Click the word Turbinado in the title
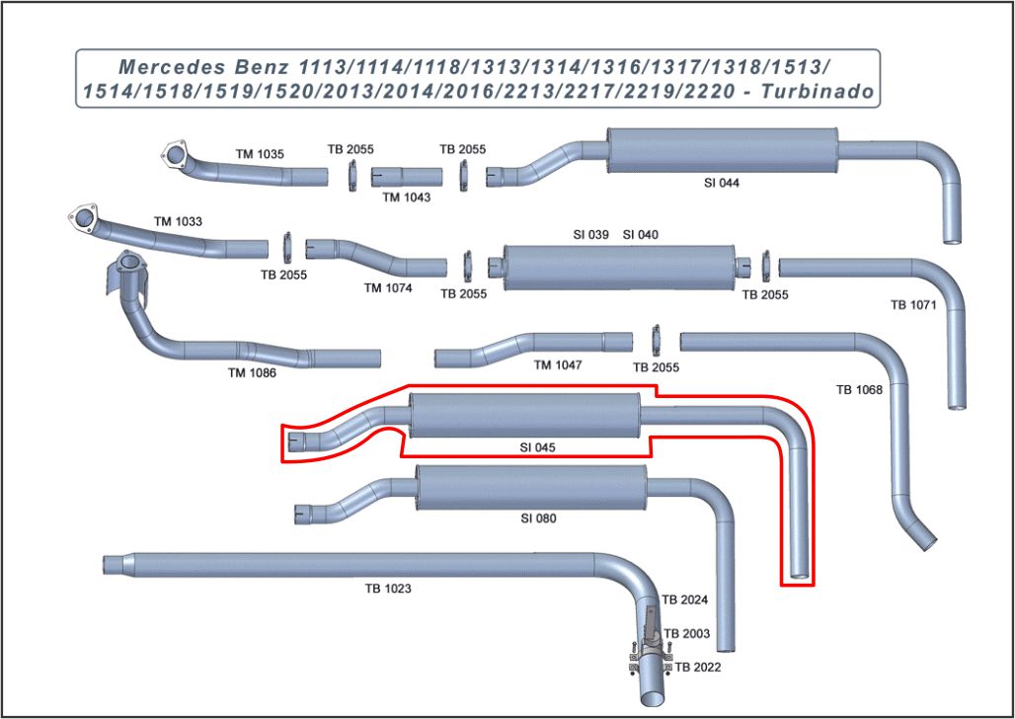(819, 93)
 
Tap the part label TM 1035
(260, 154)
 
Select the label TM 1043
(407, 197)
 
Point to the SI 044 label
(722, 183)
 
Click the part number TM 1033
(178, 221)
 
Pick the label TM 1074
(388, 288)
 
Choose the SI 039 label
(591, 235)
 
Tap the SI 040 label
(641, 235)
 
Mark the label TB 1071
(912, 305)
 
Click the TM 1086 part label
(252, 373)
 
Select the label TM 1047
(558, 365)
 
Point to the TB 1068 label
(859, 389)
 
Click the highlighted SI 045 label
(538, 447)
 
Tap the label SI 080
(538, 518)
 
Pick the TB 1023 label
(388, 589)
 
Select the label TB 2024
(685, 599)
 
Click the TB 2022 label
(698, 668)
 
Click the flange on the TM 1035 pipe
(176, 155)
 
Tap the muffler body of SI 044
(722, 151)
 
